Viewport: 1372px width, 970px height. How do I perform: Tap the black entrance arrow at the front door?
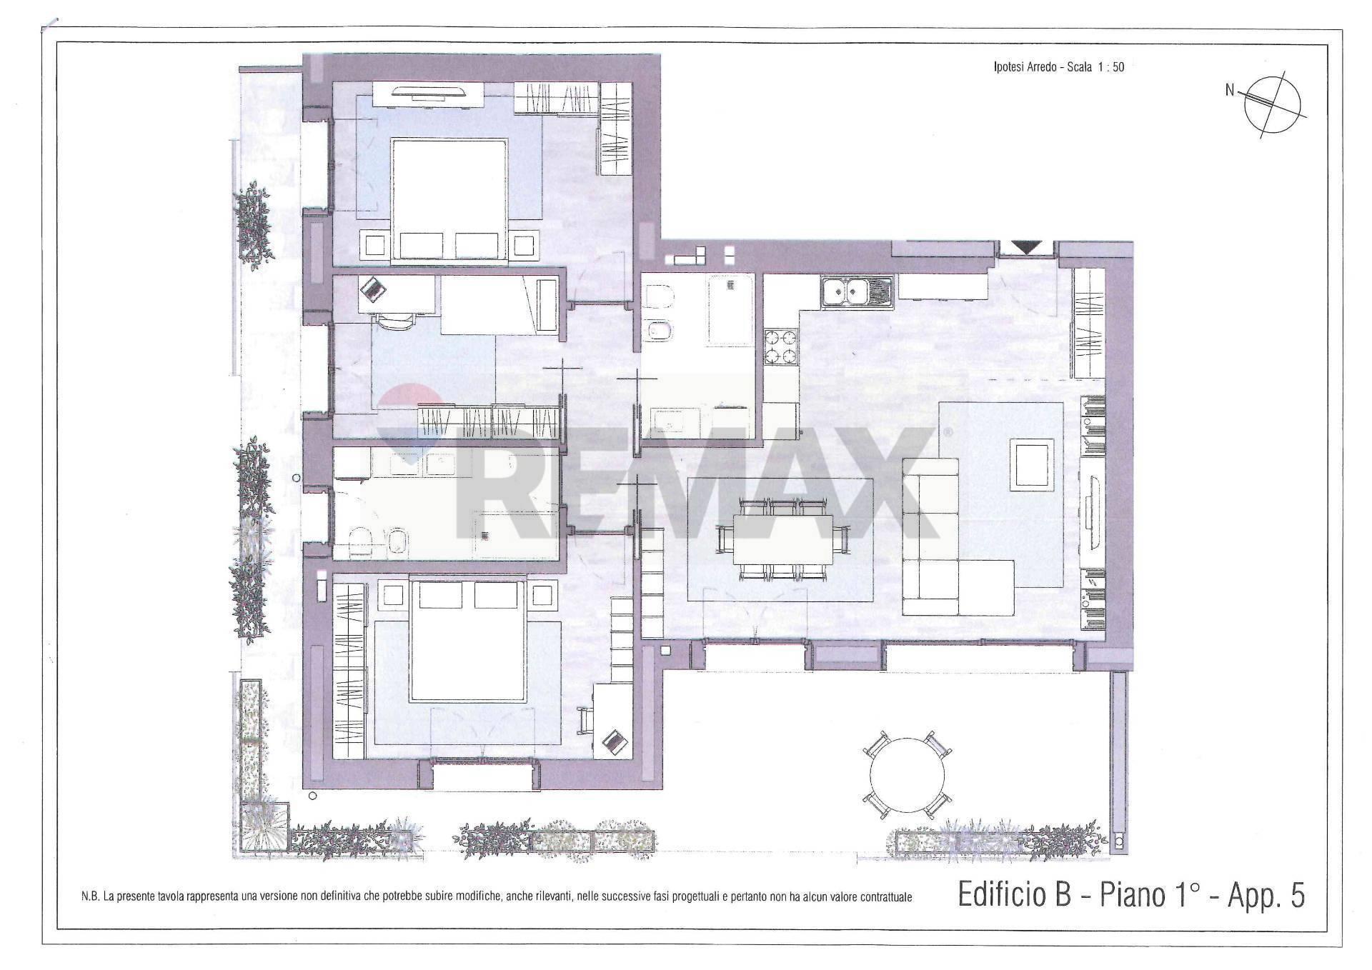point(1027,248)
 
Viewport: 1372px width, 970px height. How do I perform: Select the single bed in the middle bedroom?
point(499,305)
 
